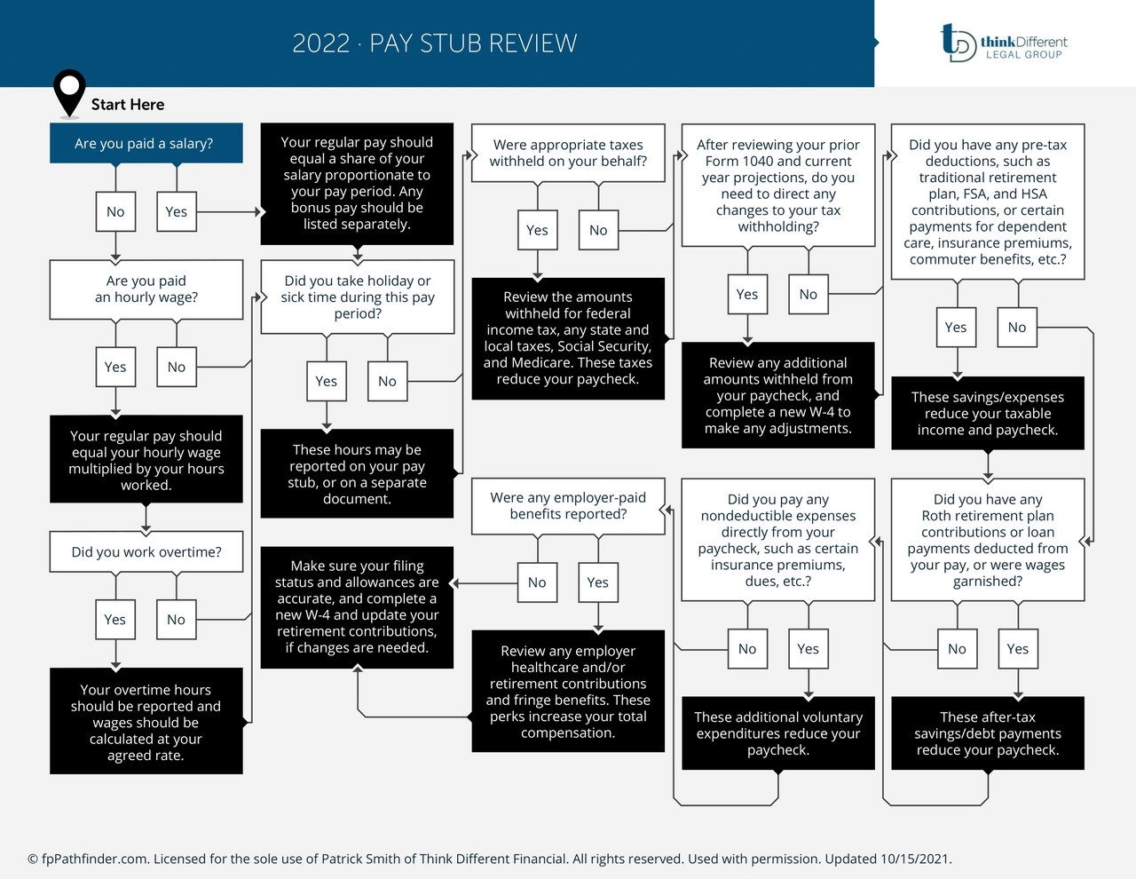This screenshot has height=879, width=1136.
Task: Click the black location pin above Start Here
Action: [x=69, y=91]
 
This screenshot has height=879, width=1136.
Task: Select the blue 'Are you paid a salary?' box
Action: [x=146, y=143]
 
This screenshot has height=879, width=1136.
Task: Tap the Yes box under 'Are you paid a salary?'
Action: [x=176, y=211]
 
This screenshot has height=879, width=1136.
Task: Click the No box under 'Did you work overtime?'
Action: [x=176, y=619]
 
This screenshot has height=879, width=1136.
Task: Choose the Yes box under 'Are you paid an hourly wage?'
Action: [x=115, y=367]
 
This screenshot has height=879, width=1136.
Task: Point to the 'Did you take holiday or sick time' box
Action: [x=357, y=297]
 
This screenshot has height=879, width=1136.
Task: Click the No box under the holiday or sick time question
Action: [x=387, y=381]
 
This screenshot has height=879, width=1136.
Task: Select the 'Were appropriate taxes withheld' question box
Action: [x=568, y=153]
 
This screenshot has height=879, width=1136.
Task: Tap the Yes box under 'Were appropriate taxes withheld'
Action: [x=537, y=230]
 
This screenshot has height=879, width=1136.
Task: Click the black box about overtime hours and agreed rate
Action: [x=146, y=721]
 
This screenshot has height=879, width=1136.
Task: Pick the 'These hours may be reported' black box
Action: [x=357, y=474]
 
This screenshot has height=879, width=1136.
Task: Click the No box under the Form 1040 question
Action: [x=808, y=294]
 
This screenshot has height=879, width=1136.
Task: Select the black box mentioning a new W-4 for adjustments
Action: [x=778, y=395]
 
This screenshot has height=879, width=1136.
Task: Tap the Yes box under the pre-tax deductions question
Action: [x=956, y=327]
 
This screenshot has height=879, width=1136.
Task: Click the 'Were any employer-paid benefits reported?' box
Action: [x=568, y=506]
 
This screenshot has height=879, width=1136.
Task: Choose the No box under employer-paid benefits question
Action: [x=537, y=582]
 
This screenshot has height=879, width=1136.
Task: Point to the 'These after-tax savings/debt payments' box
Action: [x=988, y=732]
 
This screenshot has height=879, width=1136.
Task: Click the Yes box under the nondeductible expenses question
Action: [x=808, y=649]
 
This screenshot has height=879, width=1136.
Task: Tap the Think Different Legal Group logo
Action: [x=1004, y=43]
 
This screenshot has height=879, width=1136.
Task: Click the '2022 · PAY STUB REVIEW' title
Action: [x=435, y=44]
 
